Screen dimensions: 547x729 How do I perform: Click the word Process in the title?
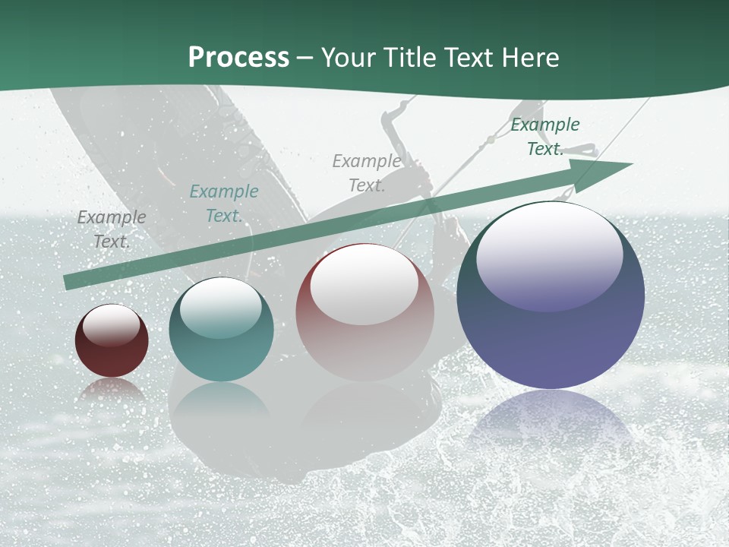click(238, 58)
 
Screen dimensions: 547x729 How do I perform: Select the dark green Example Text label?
click(544, 137)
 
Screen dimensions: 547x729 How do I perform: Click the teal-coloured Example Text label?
click(223, 204)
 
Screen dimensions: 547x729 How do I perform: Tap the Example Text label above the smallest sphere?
click(112, 229)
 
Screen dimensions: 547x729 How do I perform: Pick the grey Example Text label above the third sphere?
click(367, 173)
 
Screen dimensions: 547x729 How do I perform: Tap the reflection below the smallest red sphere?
click(112, 389)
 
